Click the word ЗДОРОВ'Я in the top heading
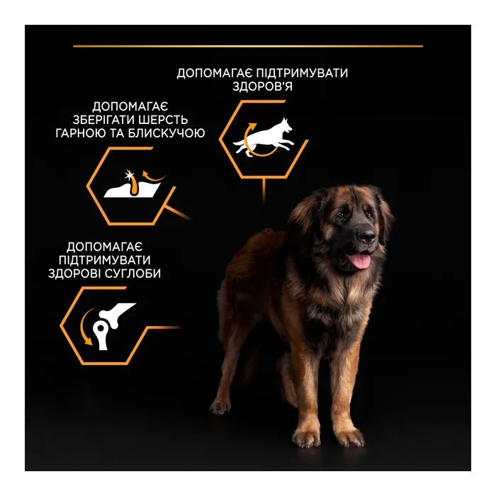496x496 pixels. click(262, 86)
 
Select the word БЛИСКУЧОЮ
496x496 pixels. click(167, 133)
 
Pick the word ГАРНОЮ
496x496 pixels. click(80, 133)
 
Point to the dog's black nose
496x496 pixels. click(367, 235)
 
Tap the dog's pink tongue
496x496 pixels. click(360, 261)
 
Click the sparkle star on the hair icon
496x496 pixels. click(129, 174)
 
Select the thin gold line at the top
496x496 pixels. click(248, 46)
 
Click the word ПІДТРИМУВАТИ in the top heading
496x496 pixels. click(301, 73)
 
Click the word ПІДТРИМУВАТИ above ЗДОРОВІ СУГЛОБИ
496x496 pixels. click(105, 260)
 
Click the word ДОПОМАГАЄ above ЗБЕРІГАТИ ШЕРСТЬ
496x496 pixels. click(130, 107)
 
